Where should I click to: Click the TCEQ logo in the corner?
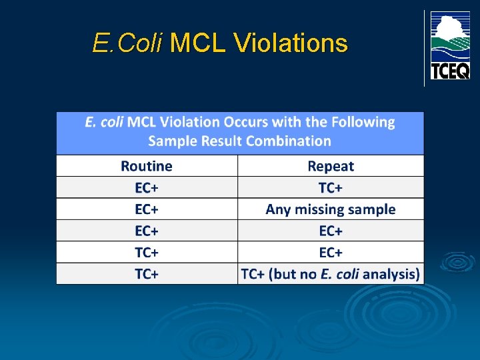pyautogui.click(x=449, y=45)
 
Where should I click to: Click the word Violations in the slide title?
pyautogui.click(x=291, y=43)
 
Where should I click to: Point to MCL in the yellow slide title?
pyautogui.click(x=199, y=43)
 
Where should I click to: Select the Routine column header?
pyautogui.click(x=147, y=166)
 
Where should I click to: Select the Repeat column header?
pyautogui.click(x=331, y=166)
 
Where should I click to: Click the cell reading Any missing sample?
pyautogui.click(x=331, y=209)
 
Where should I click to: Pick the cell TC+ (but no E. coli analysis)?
pyautogui.click(x=331, y=273)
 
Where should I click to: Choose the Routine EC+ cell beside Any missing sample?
pyautogui.click(x=147, y=209)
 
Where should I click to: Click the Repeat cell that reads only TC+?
pyautogui.click(x=331, y=187)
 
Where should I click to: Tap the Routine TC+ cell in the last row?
pyautogui.click(x=147, y=273)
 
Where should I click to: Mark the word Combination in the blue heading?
pyautogui.click(x=288, y=141)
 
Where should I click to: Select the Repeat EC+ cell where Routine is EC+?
pyautogui.click(x=331, y=231)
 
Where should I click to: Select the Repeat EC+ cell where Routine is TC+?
pyautogui.click(x=331, y=252)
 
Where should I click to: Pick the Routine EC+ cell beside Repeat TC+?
pyautogui.click(x=147, y=187)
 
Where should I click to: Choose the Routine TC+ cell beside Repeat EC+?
pyautogui.click(x=147, y=252)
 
